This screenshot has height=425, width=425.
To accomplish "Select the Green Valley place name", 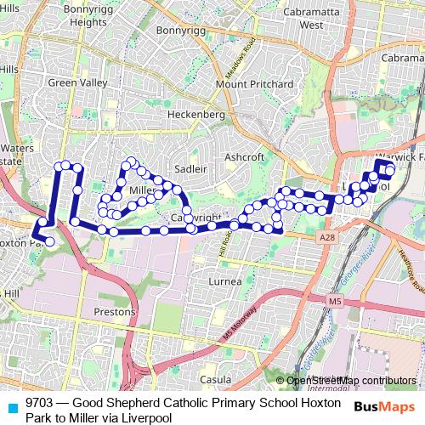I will click(x=78, y=83).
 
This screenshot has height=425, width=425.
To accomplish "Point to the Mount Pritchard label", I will click(x=255, y=84).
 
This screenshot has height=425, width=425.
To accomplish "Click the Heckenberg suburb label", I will click(x=196, y=114).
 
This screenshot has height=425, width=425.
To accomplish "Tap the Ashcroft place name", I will click(x=245, y=157).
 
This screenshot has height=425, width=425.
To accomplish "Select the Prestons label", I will click(x=114, y=311).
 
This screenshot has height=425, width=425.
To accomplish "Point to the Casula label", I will click(x=215, y=379).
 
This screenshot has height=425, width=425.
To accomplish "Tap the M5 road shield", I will click(x=335, y=301).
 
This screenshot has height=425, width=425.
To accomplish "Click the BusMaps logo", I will click(x=385, y=407).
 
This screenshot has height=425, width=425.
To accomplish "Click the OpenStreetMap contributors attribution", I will click(x=351, y=380).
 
